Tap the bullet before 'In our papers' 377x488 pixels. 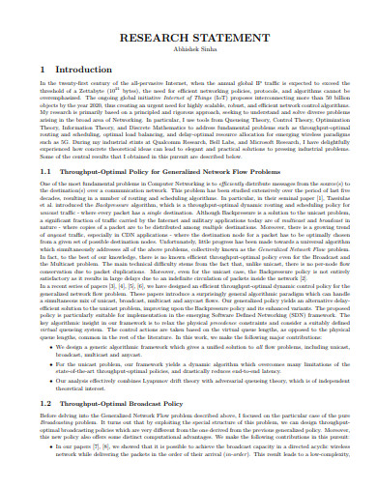pyautogui.click(x=52, y=474)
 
